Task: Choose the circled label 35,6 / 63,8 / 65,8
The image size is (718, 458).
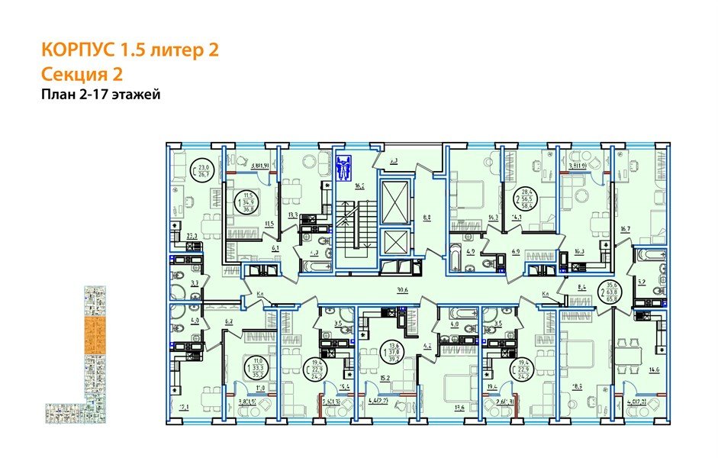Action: [x=610, y=292]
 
